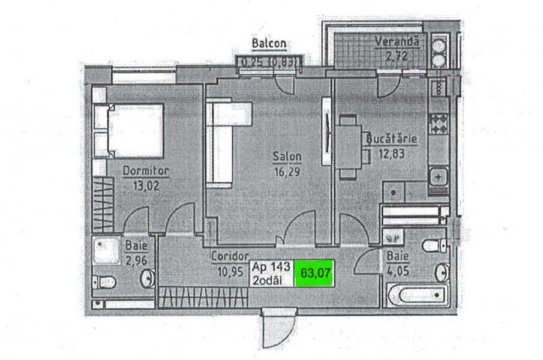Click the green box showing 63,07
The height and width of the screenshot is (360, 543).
314,273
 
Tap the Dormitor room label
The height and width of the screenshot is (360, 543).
146,170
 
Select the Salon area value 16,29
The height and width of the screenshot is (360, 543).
287,172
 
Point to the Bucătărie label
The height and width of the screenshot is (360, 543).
392,139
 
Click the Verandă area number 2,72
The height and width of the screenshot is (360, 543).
397,55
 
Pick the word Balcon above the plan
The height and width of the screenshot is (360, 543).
269,43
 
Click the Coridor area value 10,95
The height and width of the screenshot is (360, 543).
230,272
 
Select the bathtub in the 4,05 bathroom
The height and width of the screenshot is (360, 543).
418,295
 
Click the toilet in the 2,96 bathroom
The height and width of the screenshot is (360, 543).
104,282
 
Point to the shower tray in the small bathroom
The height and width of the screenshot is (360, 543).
107,250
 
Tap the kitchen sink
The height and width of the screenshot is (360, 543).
439,177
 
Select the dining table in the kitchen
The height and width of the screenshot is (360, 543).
349,147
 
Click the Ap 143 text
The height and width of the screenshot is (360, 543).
271,267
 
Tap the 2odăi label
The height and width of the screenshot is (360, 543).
267,280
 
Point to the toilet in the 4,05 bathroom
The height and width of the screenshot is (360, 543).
435,245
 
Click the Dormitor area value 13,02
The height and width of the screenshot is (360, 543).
146,186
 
